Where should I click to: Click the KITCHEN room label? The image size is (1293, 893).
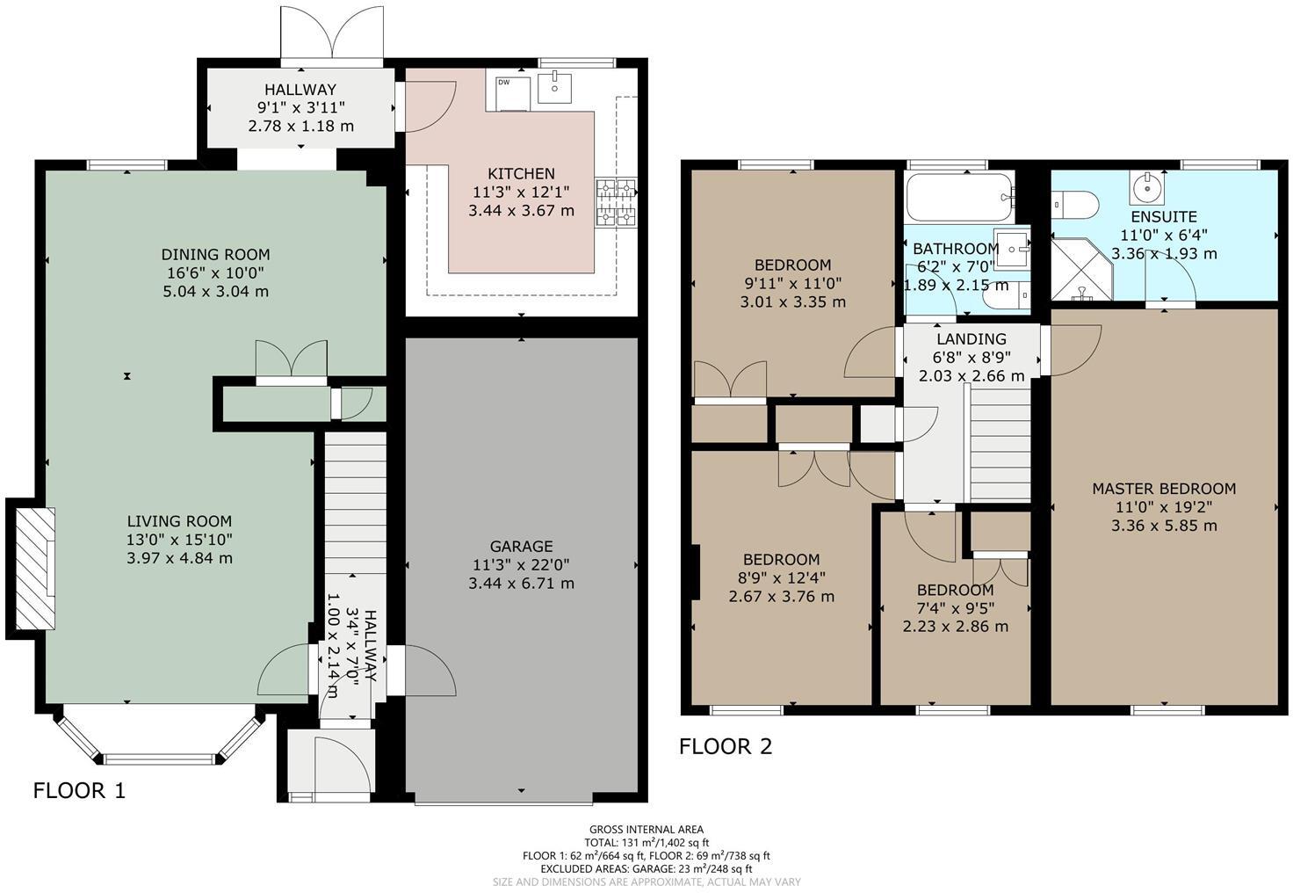click(x=521, y=174)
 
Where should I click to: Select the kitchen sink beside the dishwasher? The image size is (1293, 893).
click(x=555, y=88)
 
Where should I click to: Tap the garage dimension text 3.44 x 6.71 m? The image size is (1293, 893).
click(x=521, y=583)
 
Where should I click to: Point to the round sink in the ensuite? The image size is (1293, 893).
click(x=1146, y=186)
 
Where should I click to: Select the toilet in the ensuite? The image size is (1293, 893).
click(x=1076, y=205)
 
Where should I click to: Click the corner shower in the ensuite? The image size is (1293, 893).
click(x=1080, y=268)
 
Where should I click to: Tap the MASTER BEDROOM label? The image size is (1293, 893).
click(x=1163, y=489)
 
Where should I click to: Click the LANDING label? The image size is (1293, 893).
click(x=971, y=339)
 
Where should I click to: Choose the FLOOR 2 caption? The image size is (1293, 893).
click(x=726, y=747)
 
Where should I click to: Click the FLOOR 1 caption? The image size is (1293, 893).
click(x=79, y=791)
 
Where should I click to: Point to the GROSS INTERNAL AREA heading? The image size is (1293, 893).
click(x=646, y=829)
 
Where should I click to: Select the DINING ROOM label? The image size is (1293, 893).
click(x=215, y=255)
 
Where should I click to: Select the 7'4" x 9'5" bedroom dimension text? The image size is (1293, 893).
click(x=955, y=608)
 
